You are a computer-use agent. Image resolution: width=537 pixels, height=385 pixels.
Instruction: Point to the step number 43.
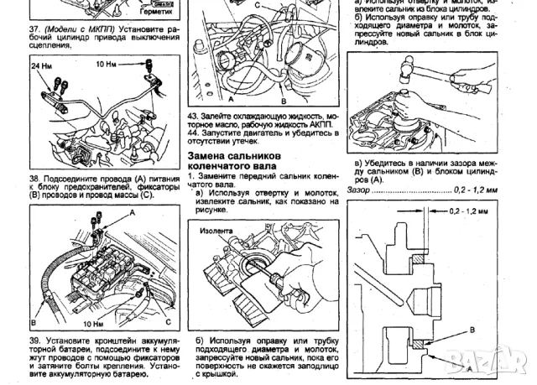click(193, 115)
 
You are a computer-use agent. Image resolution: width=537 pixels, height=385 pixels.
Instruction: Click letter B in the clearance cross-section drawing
click(472, 330)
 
